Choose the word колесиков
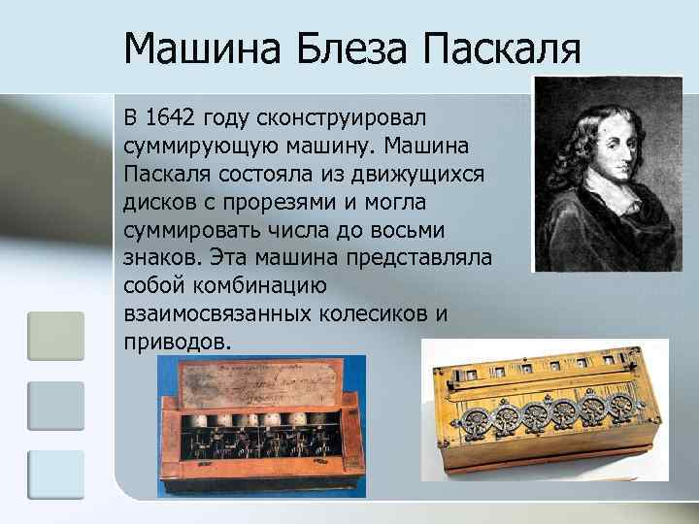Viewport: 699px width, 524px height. point(374,314)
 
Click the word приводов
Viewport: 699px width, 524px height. point(178,343)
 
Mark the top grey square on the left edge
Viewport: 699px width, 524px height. point(55,336)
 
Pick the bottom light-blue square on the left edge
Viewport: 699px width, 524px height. point(55,475)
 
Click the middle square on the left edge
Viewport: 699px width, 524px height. point(55,405)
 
